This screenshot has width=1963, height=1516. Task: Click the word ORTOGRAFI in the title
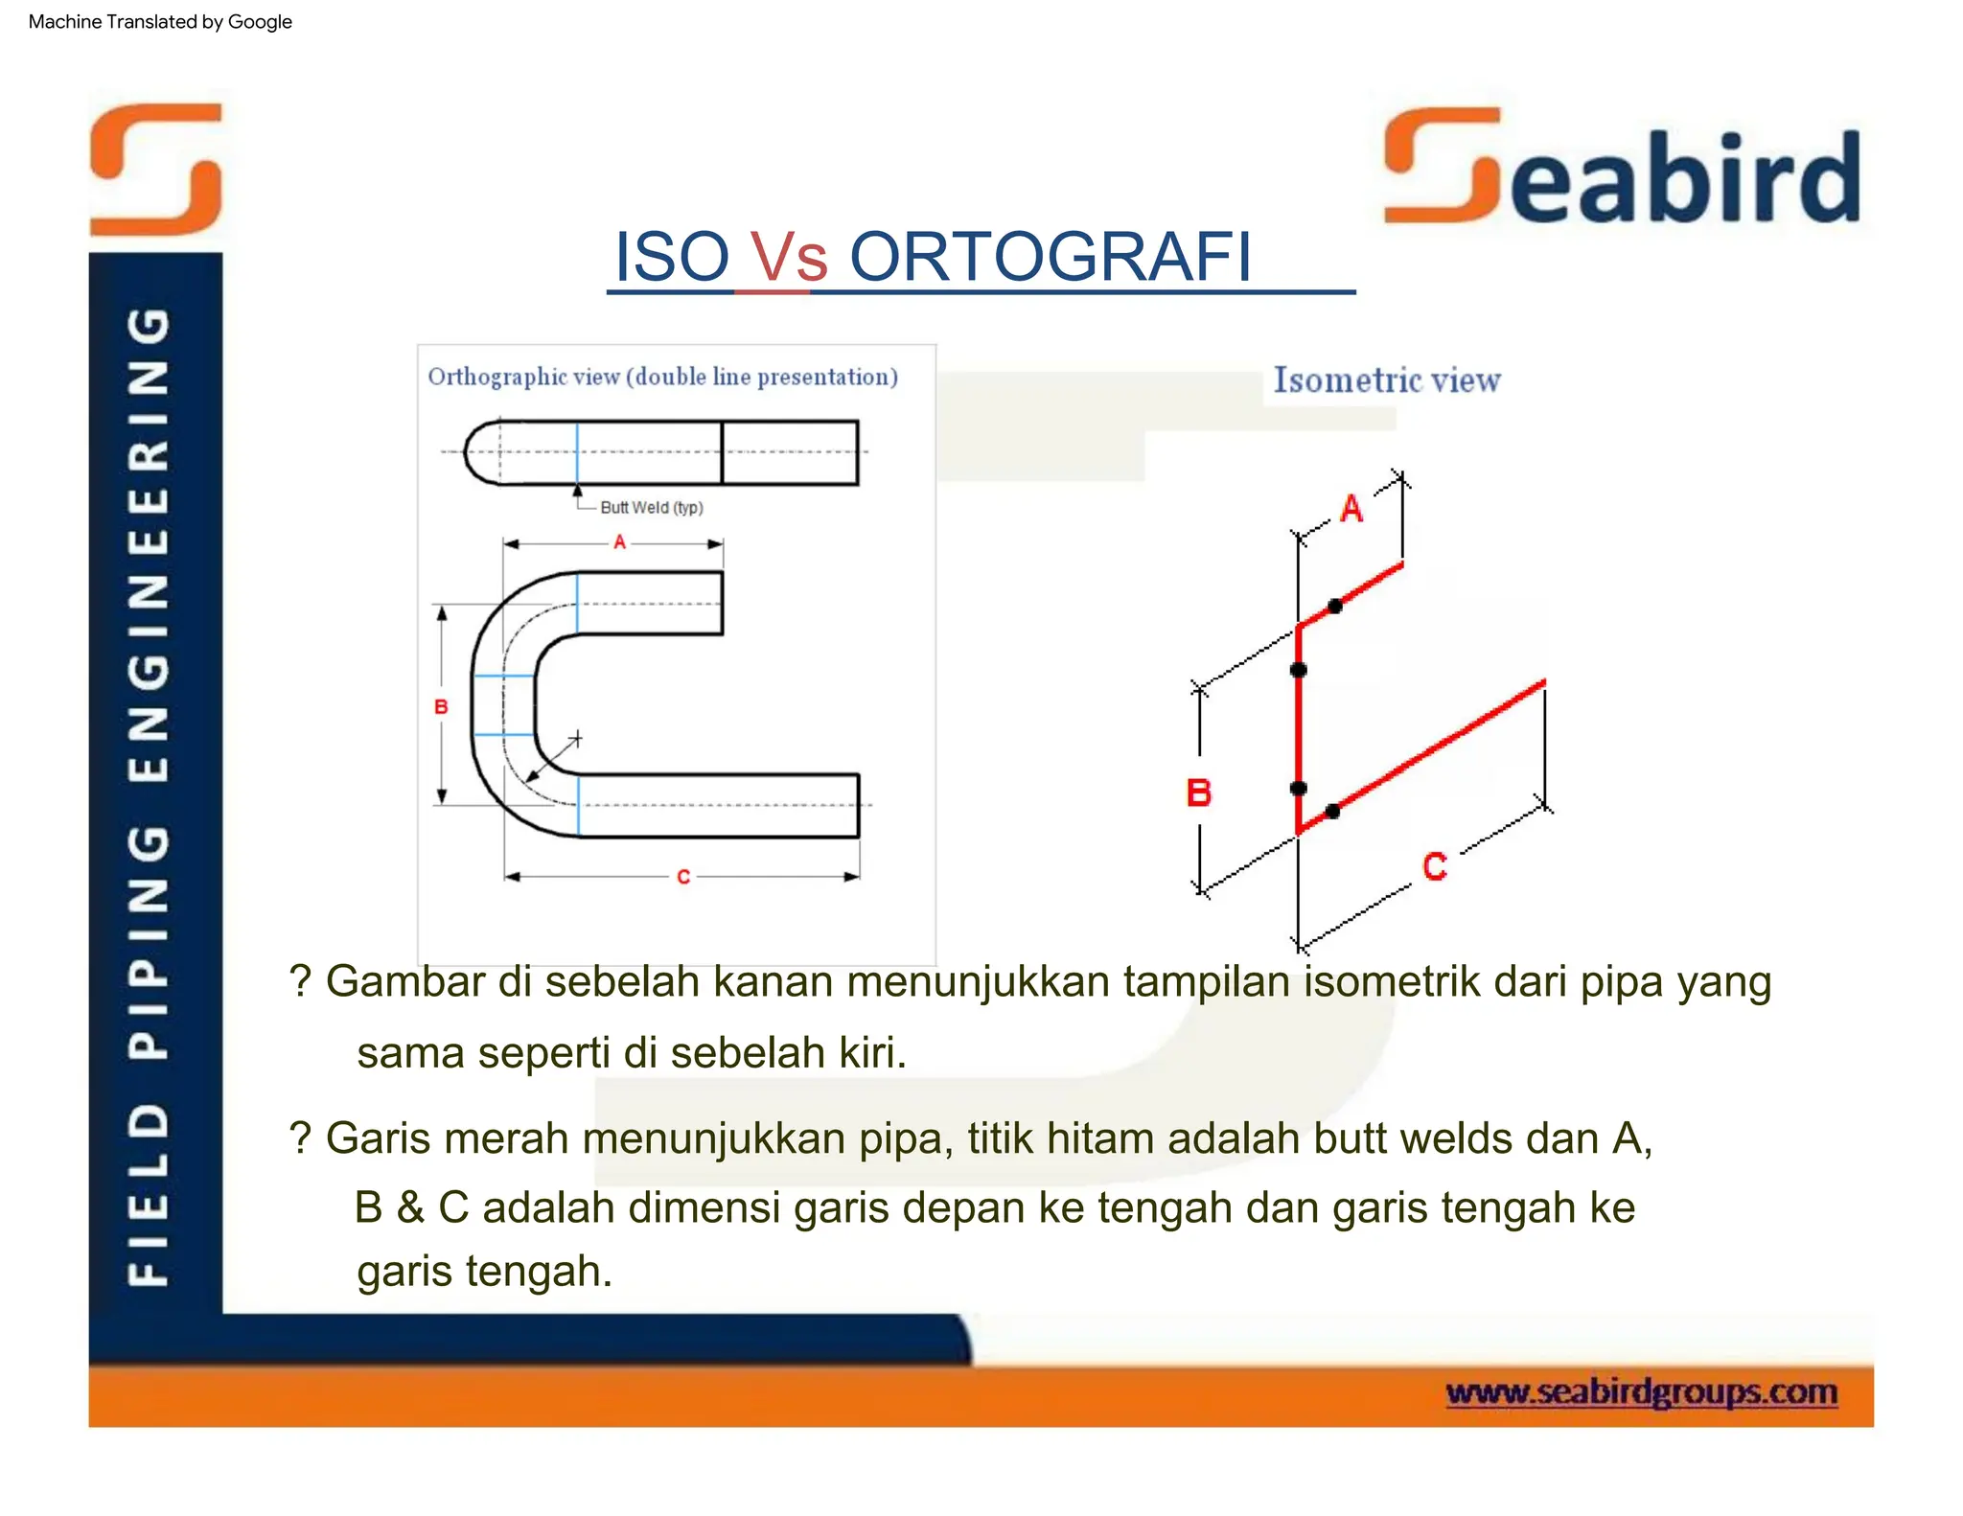pyautogui.click(x=1051, y=257)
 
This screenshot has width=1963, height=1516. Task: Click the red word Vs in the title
pyautogui.click(x=788, y=257)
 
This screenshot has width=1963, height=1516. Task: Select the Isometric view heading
pyautogui.click(x=1386, y=380)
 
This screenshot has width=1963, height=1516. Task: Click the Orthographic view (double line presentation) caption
pyautogui.click(x=662, y=377)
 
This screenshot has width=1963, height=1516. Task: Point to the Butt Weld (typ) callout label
pyautogui.click(x=651, y=508)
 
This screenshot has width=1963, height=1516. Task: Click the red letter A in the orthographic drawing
pyautogui.click(x=619, y=542)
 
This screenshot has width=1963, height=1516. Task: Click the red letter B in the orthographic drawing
pyautogui.click(x=441, y=707)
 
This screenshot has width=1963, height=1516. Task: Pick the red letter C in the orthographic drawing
pyautogui.click(x=682, y=877)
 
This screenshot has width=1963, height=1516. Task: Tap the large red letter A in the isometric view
pyautogui.click(x=1351, y=508)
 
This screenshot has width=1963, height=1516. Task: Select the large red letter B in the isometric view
pyautogui.click(x=1198, y=792)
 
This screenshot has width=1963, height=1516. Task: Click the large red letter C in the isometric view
pyautogui.click(x=1434, y=866)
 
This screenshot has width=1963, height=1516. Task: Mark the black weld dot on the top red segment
pyautogui.click(x=1334, y=606)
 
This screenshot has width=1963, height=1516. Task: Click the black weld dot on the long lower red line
pyautogui.click(x=1332, y=812)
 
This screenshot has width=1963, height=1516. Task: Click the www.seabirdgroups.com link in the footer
pyautogui.click(x=1641, y=1391)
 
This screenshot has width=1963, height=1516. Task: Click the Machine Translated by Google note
pyautogui.click(x=160, y=21)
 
